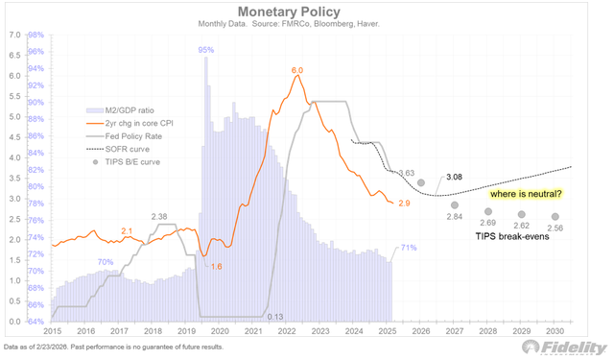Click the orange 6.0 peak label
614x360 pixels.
click(x=296, y=71)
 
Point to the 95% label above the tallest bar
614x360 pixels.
click(x=205, y=49)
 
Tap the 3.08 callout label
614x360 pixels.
click(x=455, y=177)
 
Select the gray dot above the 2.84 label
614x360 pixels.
click(x=455, y=204)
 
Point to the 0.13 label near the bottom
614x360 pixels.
click(x=273, y=317)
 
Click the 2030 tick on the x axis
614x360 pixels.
click(x=556, y=331)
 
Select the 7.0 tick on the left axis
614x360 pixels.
click(x=14, y=35)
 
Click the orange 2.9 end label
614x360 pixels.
click(x=404, y=204)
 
